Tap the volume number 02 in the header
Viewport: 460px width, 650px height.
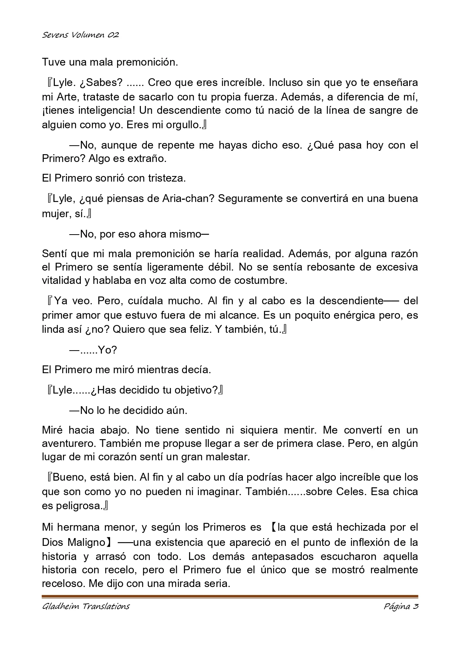[x=113, y=35]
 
